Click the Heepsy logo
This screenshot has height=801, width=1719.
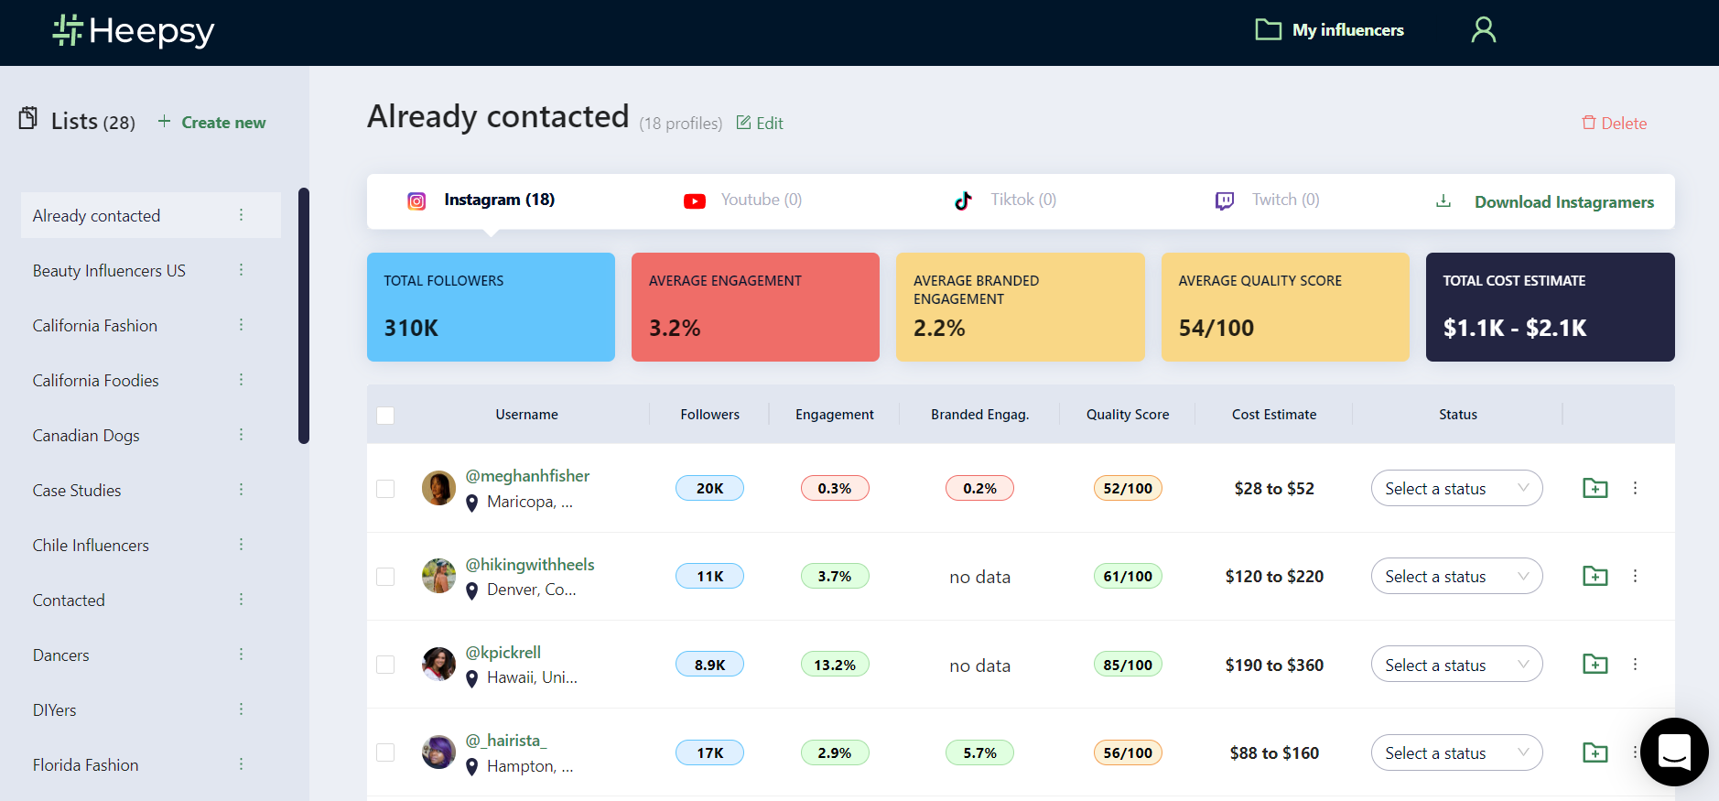coord(134,31)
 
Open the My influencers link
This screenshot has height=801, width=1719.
coord(1330,30)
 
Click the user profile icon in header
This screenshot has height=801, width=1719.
coord(1483,30)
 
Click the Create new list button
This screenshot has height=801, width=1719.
coord(212,123)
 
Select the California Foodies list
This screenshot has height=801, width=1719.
coord(96,381)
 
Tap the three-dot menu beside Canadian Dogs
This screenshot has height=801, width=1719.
coord(242,435)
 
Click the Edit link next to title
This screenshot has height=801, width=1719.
coord(760,124)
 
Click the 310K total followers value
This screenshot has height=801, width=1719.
coord(411,328)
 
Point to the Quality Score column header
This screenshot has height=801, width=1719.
coord(1128,415)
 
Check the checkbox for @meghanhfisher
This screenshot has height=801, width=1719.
coord(385,489)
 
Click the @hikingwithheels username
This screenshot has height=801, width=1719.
coord(530,565)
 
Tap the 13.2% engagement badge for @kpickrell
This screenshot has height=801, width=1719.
coord(835,665)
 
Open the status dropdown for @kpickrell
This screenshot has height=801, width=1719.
coord(1456,665)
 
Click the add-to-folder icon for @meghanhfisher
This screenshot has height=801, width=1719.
coord(1595,488)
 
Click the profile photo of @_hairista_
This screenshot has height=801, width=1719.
coord(438,752)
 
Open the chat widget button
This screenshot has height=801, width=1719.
coord(1674,752)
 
